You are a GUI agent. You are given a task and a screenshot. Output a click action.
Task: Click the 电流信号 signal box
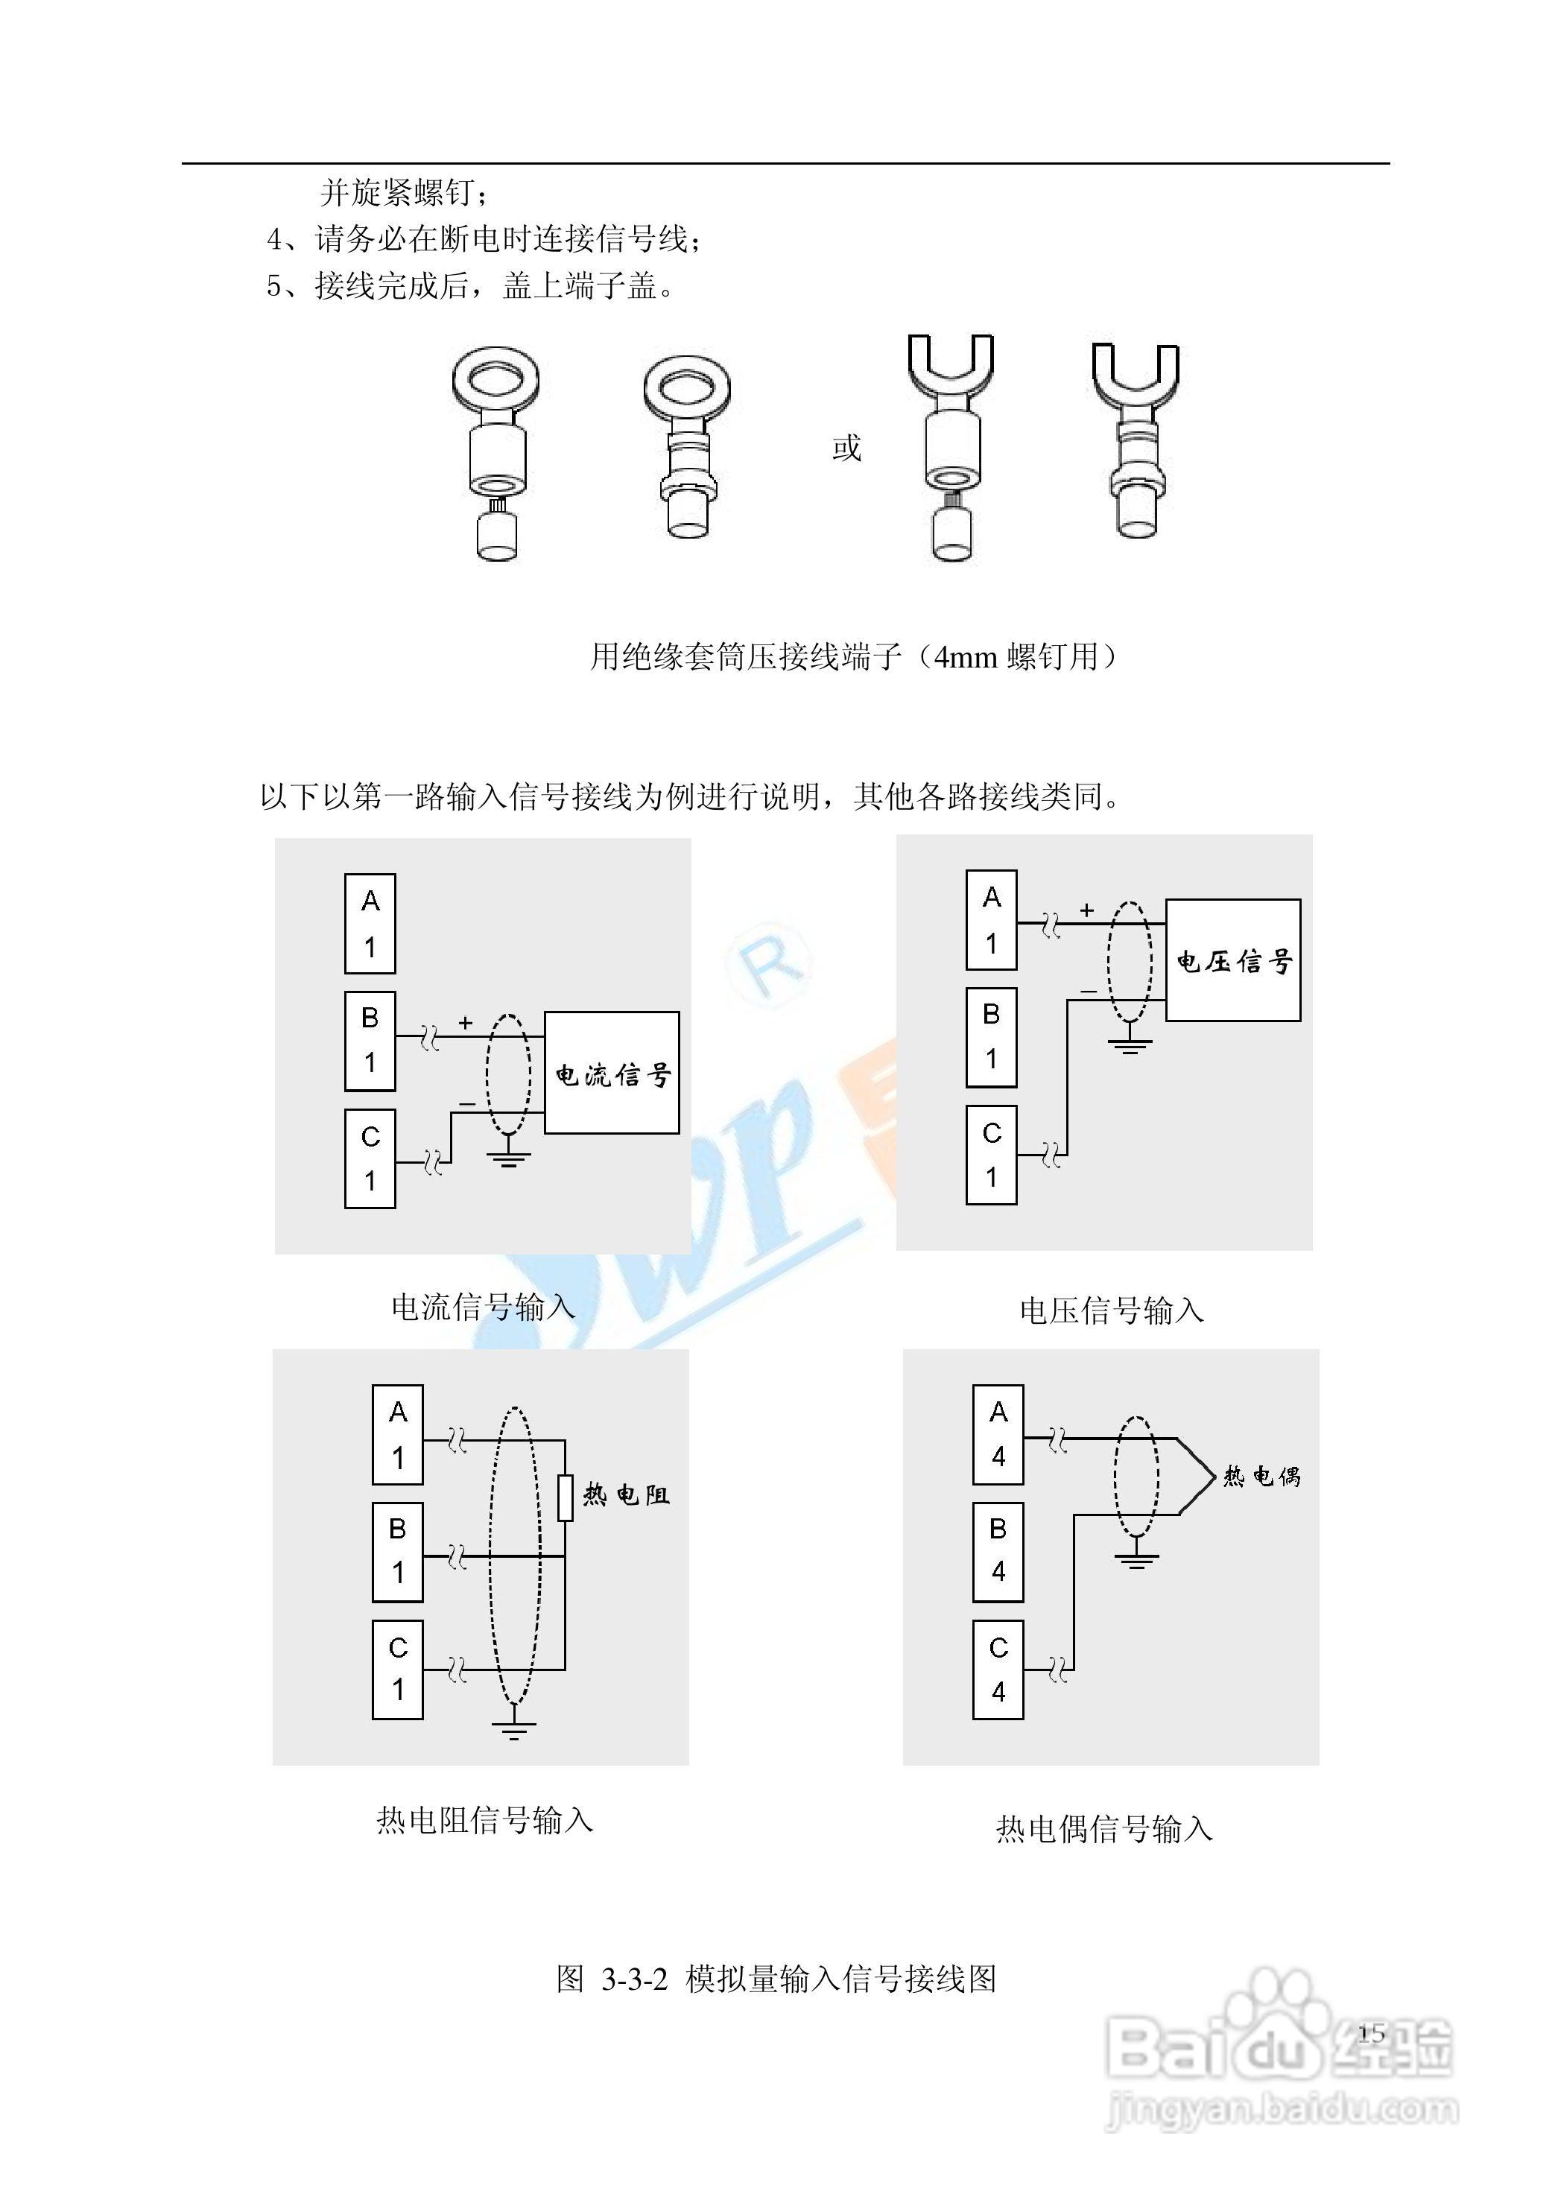611,1072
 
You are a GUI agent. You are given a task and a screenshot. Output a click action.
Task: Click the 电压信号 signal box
1232,960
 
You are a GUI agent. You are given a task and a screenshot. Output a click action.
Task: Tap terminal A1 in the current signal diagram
370,923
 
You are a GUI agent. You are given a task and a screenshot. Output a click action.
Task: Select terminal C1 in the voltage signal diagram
991,1155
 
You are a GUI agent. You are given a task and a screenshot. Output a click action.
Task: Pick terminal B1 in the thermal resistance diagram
397,1552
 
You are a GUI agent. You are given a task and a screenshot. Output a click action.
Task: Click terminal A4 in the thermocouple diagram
998,1434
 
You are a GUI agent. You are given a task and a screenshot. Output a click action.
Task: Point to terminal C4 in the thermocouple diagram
998,1670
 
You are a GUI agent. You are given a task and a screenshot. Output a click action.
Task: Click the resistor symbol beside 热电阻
565,1498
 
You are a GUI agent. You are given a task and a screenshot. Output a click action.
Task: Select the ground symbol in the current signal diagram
508,1159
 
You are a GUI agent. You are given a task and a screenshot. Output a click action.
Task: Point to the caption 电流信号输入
483,1307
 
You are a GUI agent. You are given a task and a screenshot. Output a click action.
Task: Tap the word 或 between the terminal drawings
846,447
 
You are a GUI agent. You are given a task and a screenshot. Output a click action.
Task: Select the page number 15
1371,2032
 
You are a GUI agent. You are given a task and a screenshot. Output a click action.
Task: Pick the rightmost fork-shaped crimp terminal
1136,440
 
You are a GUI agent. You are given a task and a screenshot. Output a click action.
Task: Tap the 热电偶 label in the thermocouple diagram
1262,1476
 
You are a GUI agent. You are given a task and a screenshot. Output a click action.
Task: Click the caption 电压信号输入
1111,1310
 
